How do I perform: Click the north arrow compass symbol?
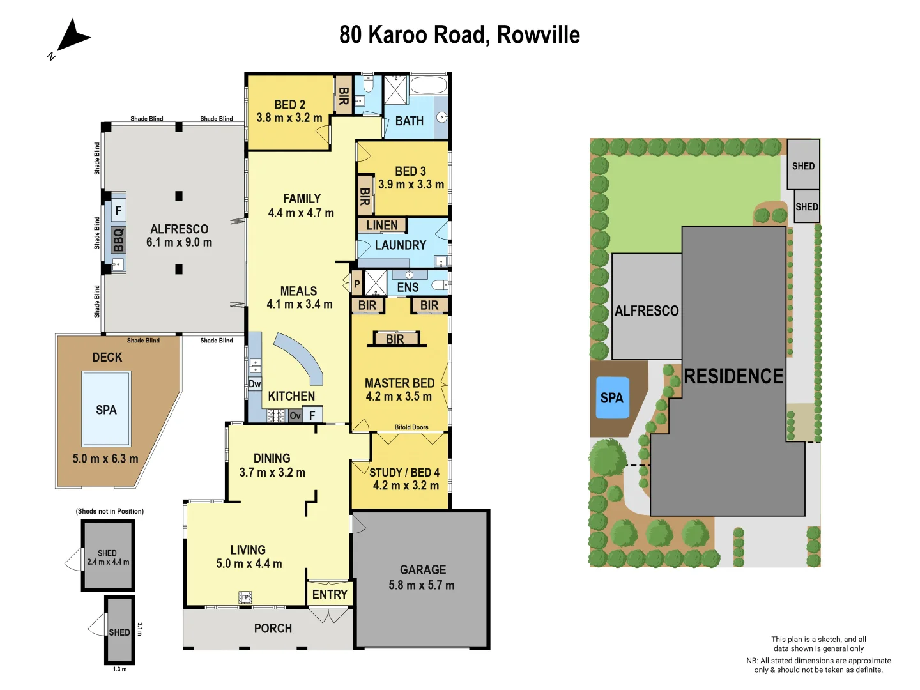(72, 36)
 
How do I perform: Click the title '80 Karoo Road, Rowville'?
(459, 34)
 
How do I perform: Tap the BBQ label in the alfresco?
(118, 240)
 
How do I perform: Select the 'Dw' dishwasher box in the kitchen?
(255, 384)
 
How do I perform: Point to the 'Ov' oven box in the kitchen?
(295, 416)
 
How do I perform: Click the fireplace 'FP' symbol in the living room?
(245, 597)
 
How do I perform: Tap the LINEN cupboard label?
(382, 226)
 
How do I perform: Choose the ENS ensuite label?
(408, 287)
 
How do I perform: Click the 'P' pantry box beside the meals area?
(357, 284)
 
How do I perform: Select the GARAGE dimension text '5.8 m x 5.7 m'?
(422, 585)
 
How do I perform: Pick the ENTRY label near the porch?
(330, 595)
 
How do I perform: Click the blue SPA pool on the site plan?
(612, 398)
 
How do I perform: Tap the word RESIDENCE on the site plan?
(733, 376)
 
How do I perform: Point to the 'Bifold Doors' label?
(411, 427)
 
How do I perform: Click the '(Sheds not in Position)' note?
(110, 511)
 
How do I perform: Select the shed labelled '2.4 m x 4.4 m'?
(108, 556)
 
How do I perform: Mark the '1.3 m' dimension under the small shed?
(119, 670)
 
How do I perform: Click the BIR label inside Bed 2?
(343, 96)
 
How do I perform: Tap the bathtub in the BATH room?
(429, 86)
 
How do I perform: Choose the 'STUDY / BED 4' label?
(404, 473)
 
